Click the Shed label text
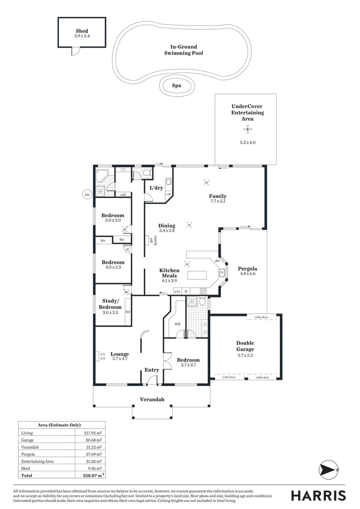pos(82,31)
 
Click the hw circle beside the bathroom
pos(87,194)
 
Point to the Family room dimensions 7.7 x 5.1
pos(218,202)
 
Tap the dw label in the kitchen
pos(217,261)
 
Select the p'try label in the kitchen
pos(178,292)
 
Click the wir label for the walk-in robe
pos(178,324)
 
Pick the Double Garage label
pos(245,346)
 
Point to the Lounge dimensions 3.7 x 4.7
pos(120,359)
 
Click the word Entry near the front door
pos(152,370)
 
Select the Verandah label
pos(152,400)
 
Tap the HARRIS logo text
pos(318,495)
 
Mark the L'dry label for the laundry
pos(156,188)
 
